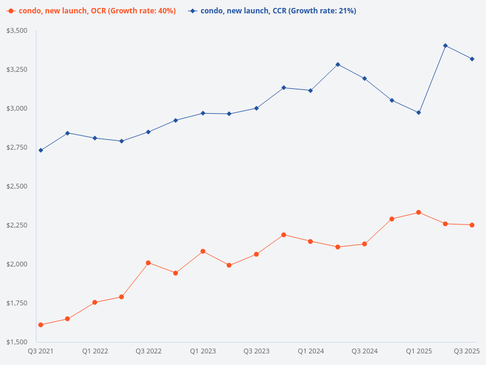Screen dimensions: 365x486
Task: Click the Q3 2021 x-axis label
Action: pyautogui.click(x=41, y=351)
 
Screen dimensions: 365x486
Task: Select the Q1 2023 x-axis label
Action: pyautogui.click(x=202, y=351)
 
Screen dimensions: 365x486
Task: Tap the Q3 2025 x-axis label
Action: pyautogui.click(x=467, y=351)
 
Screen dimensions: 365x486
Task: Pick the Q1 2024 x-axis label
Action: pyautogui.click(x=310, y=351)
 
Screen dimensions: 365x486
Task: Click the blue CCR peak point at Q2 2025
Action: pyautogui.click(x=445, y=46)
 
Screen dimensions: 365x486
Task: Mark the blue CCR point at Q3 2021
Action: pyautogui.click(x=41, y=150)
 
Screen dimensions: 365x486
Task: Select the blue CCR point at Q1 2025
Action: pyautogui.click(x=419, y=113)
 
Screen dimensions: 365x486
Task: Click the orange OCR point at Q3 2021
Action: pyautogui.click(x=41, y=325)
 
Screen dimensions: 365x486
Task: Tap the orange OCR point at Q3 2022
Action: pyautogui.click(x=148, y=263)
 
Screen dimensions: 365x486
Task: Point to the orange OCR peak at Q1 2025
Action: pyautogui.click(x=419, y=212)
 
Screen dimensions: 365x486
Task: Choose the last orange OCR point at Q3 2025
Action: pyautogui.click(x=472, y=225)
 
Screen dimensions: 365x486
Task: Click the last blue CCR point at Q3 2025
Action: pyautogui.click(x=472, y=59)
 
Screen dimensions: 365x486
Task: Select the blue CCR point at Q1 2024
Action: pyautogui.click(x=310, y=91)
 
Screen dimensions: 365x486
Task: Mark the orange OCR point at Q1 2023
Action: pyautogui.click(x=202, y=251)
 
